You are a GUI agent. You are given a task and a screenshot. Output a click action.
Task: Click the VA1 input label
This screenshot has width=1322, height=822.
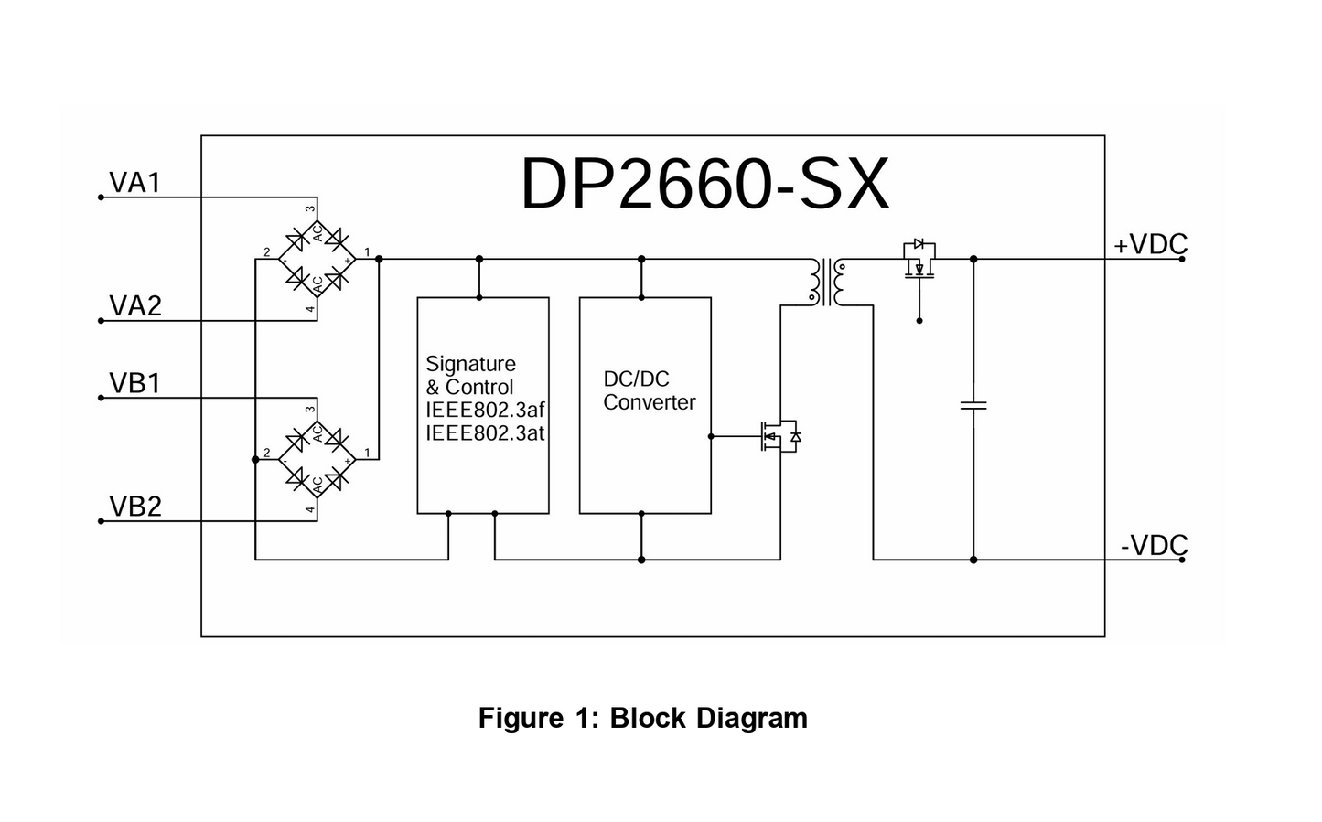click(x=134, y=183)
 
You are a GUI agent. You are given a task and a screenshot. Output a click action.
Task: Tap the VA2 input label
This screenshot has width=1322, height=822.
click(x=134, y=305)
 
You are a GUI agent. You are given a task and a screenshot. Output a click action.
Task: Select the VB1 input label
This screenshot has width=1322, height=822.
click(x=134, y=383)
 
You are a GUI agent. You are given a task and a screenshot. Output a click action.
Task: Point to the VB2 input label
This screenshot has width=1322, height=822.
click(x=134, y=506)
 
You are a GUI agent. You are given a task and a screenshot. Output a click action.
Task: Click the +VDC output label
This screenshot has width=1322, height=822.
click(x=1150, y=245)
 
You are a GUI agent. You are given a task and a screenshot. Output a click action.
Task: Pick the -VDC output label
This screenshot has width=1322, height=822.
click(x=1154, y=546)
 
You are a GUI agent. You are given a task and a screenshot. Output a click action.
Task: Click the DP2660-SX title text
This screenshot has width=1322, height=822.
click(x=704, y=185)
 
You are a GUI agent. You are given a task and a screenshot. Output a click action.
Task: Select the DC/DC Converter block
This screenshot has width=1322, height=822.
click(x=645, y=405)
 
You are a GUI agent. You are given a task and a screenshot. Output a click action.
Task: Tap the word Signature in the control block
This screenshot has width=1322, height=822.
click(x=470, y=364)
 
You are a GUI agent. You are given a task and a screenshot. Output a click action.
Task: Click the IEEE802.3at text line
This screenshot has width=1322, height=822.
click(x=485, y=433)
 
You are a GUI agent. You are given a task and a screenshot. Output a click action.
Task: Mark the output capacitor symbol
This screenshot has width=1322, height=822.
click(x=973, y=404)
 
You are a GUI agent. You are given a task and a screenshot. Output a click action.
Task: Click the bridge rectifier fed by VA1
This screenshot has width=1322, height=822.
click(x=317, y=259)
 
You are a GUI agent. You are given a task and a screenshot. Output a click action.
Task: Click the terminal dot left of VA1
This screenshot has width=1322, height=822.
click(x=101, y=197)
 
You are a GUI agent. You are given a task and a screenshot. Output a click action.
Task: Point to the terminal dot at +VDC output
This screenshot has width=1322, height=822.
click(x=1182, y=259)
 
